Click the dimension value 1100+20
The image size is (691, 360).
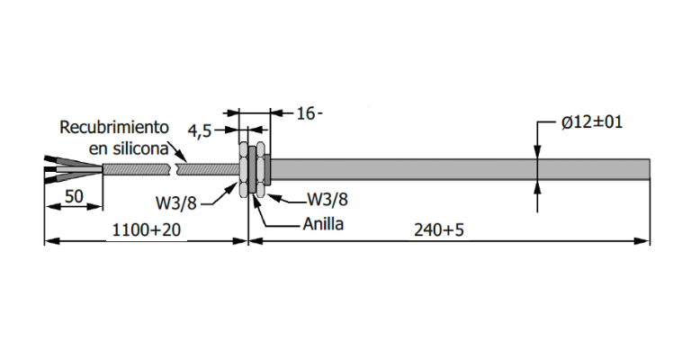click(x=146, y=230)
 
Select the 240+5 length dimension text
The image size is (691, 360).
click(x=439, y=230)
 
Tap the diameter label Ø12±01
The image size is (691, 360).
click(x=593, y=122)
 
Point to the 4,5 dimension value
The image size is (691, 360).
click(x=200, y=130)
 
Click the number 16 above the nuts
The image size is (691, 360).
click(x=307, y=113)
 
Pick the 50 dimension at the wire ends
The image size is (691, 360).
click(x=74, y=195)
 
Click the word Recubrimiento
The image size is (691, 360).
click(x=114, y=127)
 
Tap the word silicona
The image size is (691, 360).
click(x=137, y=147)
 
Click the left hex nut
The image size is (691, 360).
click(x=243, y=167)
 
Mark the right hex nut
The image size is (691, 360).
click(x=261, y=167)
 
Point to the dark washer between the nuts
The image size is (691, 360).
click(x=252, y=167)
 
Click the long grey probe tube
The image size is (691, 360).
click(x=450, y=168)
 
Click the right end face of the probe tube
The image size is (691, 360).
click(x=648, y=168)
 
